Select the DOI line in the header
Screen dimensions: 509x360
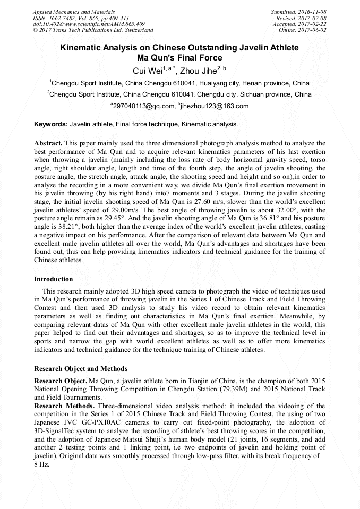(89, 24)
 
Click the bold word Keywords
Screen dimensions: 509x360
(50, 124)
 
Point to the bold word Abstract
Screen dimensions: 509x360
(48, 143)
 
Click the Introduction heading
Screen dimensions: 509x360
(54, 279)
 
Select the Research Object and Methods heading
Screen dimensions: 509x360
(81, 368)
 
